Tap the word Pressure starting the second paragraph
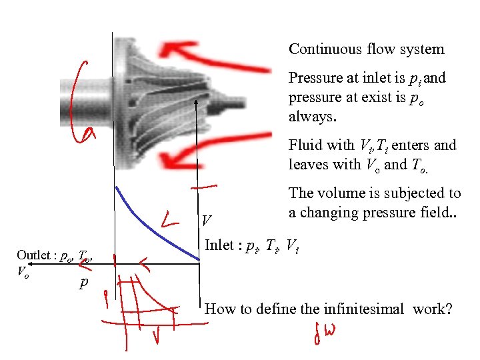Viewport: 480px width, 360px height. [x=313, y=78]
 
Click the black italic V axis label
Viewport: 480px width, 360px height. [x=207, y=220]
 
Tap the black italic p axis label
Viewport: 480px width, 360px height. [x=83, y=283]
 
